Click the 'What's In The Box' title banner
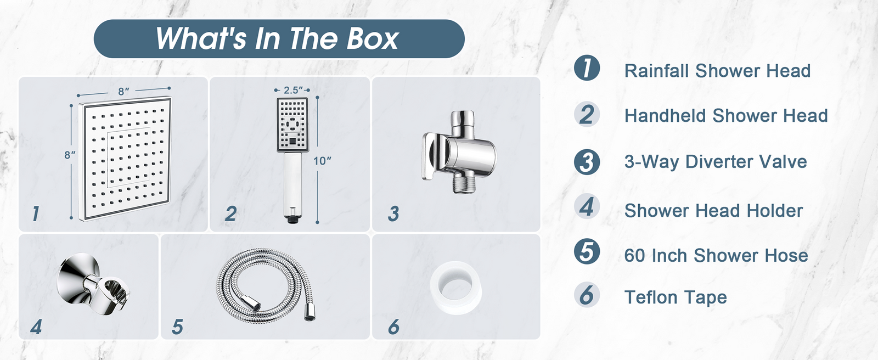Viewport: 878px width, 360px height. (279, 39)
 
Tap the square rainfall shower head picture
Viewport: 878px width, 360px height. (126, 159)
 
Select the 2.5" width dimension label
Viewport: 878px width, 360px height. (293, 90)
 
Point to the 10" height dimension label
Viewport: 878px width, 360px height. (322, 161)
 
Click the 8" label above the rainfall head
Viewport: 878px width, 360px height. (123, 92)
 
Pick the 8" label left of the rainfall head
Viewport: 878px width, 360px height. (70, 155)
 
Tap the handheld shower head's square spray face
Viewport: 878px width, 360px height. (292, 125)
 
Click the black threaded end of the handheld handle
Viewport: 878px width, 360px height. (291, 219)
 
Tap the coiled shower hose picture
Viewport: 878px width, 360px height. (266, 284)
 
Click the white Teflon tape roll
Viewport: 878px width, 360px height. (455, 288)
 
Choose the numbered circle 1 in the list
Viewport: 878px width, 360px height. (587, 68)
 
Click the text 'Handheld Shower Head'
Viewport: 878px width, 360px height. (726, 116)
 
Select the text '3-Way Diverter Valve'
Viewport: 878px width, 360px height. (716, 161)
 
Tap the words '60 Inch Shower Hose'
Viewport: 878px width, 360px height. (716, 256)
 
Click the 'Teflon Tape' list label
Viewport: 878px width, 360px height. (676, 297)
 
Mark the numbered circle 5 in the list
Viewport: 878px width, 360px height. (587, 251)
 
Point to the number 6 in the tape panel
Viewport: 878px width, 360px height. (393, 327)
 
